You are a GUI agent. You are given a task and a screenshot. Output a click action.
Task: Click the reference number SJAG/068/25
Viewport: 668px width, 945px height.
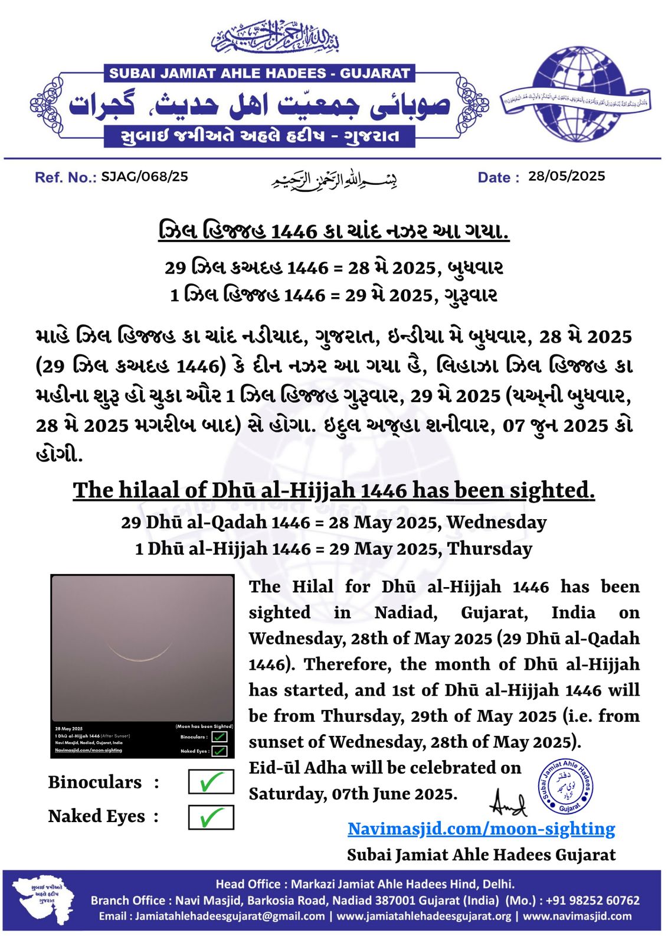click(145, 177)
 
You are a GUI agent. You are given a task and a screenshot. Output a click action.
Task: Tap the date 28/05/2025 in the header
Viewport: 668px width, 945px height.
click(567, 176)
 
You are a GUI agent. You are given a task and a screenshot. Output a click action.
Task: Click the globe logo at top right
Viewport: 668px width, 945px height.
click(577, 94)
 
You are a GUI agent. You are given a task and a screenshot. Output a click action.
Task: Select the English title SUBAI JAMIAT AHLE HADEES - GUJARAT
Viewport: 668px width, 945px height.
click(260, 74)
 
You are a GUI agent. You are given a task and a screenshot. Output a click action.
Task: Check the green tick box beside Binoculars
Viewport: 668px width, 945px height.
click(211, 782)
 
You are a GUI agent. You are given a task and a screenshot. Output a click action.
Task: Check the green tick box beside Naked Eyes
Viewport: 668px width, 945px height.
click(211, 817)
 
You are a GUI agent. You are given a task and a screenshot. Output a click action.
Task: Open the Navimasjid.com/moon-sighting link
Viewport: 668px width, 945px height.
click(481, 829)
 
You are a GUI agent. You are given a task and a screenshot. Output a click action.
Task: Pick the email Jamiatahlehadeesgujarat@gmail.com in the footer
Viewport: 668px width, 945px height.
click(230, 916)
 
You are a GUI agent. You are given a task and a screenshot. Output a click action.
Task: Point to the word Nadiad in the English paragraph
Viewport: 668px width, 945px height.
click(405, 612)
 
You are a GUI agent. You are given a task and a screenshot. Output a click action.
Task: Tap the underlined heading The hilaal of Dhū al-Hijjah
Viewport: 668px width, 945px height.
click(333, 490)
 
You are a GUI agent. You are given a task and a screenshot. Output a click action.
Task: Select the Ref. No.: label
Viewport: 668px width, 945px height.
click(66, 177)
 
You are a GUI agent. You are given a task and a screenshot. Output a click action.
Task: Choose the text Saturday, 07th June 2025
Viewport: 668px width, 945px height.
click(353, 794)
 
